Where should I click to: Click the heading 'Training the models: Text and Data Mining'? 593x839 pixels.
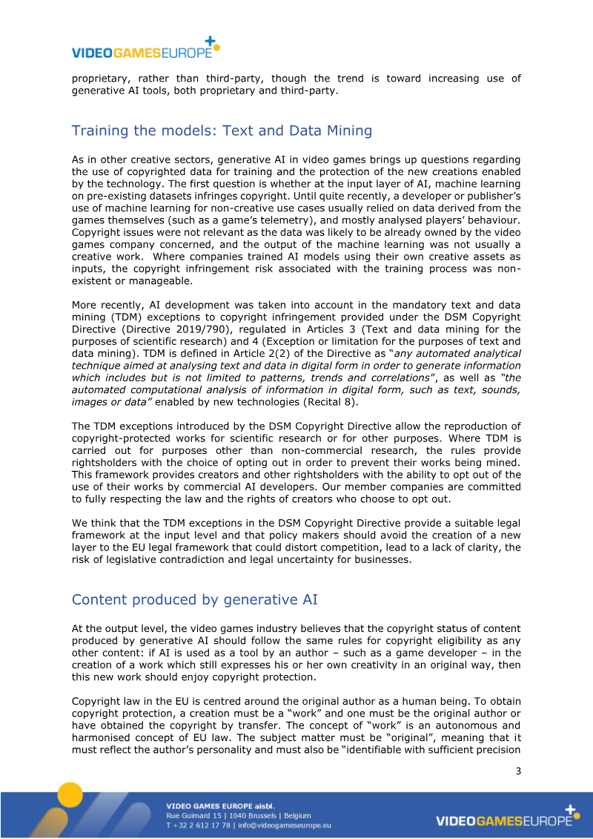click(222, 131)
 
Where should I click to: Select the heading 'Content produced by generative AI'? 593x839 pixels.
click(194, 599)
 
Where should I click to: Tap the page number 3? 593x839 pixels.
click(518, 771)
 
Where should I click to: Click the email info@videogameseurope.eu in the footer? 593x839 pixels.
click(284, 825)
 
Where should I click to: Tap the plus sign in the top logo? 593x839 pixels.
click(210, 41)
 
